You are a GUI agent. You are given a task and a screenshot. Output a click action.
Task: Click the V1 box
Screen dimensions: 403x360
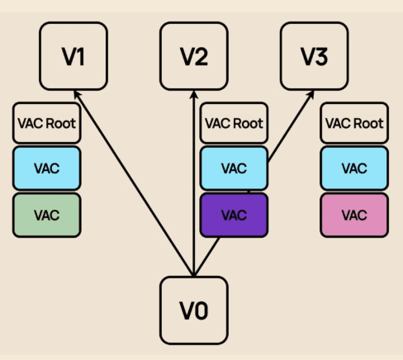(73, 56)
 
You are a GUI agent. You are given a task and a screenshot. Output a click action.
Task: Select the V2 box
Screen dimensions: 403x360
(194, 56)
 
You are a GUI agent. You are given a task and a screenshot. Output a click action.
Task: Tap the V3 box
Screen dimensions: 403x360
(315, 56)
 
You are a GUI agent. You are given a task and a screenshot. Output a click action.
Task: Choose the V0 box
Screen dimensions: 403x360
(194, 310)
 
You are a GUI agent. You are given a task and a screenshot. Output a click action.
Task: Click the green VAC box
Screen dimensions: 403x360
(47, 215)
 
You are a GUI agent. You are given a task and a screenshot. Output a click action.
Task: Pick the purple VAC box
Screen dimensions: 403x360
(234, 215)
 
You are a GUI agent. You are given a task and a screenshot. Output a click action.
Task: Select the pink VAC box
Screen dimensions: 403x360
(354, 215)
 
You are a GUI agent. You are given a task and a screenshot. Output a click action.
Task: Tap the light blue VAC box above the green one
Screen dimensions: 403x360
(47, 168)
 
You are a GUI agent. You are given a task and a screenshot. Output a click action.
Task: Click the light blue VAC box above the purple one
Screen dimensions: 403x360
(234, 168)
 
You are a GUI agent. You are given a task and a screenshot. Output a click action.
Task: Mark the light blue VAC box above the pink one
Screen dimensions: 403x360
(354, 168)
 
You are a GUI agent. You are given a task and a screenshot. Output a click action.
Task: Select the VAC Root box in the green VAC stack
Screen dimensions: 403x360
(47, 123)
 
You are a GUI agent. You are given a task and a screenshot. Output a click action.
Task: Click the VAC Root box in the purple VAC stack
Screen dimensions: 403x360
(234, 123)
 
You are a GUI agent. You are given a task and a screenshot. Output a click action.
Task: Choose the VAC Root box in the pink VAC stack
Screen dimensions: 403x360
(354, 123)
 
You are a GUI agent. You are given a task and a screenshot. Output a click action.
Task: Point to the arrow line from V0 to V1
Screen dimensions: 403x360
(134, 183)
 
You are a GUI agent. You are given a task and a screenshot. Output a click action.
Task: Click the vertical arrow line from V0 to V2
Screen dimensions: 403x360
(194, 183)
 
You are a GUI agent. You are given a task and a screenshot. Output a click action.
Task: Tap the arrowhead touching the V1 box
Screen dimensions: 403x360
(77, 94)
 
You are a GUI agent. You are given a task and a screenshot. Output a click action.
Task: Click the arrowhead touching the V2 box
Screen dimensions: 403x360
(194, 95)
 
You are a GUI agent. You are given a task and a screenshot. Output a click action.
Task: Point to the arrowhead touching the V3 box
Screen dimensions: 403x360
(311, 95)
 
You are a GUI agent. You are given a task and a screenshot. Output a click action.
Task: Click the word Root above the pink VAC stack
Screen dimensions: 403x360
(369, 123)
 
